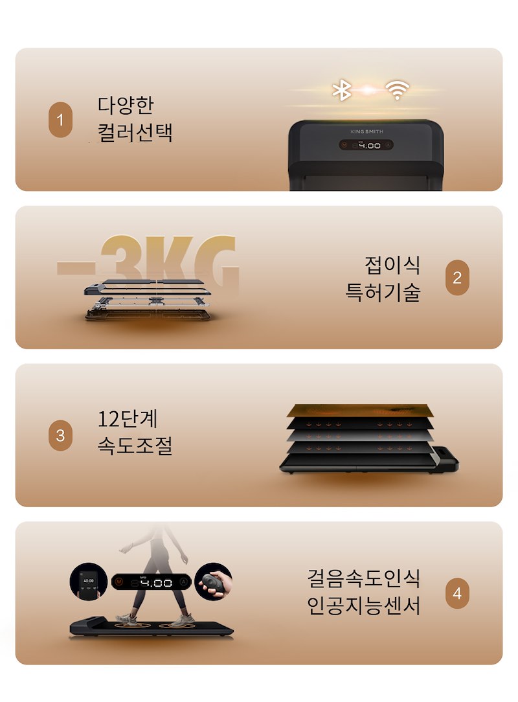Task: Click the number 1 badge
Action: click(x=60, y=120)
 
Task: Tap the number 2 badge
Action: click(x=457, y=278)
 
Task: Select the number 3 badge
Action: click(x=60, y=435)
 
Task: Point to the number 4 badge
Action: click(x=457, y=593)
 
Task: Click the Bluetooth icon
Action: click(x=342, y=90)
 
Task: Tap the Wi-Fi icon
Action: click(x=397, y=90)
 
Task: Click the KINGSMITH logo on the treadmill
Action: click(x=366, y=131)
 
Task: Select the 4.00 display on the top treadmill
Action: click(x=366, y=145)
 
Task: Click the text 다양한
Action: click(x=126, y=105)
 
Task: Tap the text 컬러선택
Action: click(x=135, y=132)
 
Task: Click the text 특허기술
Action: click(x=383, y=292)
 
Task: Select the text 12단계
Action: click(x=128, y=419)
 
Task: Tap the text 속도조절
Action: click(x=135, y=446)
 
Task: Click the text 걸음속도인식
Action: click(x=363, y=578)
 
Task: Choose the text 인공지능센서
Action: click(x=363, y=606)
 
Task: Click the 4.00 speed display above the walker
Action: click(x=152, y=582)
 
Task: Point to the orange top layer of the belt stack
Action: click(x=360, y=411)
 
